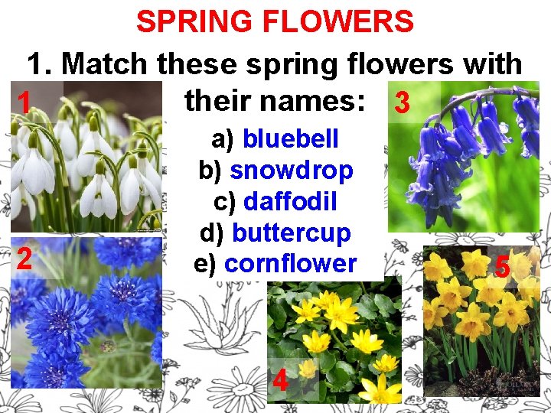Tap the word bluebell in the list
click(290, 138)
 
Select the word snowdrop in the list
click(291, 170)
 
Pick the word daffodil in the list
click(290, 201)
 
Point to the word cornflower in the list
click(291, 264)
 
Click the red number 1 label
click(24, 102)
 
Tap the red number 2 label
click(24, 259)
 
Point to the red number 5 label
click(503, 267)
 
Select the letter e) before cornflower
click(207, 264)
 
